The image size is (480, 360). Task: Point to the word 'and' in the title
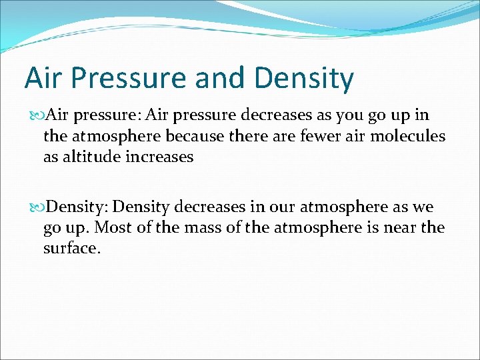[x=219, y=78]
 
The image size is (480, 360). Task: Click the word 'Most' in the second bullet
[x=111, y=227]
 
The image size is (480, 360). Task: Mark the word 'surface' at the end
[x=70, y=248]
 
